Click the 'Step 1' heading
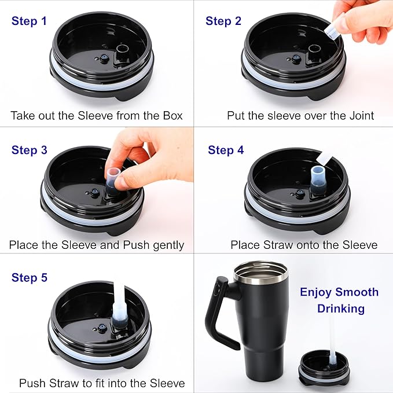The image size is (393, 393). [29, 21]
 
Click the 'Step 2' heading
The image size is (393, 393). [223, 21]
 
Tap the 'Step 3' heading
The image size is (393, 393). [29, 150]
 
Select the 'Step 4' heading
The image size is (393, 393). [226, 150]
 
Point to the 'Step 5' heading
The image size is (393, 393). [29, 278]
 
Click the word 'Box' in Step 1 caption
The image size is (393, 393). [171, 116]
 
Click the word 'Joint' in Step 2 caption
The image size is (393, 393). [360, 116]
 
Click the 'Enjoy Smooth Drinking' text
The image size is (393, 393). [340, 300]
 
